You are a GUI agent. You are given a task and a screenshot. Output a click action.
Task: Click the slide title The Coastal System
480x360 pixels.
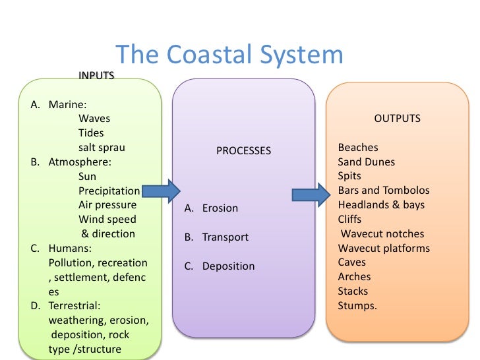(x=229, y=55)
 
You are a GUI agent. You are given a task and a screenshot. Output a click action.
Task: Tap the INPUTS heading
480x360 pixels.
(x=96, y=75)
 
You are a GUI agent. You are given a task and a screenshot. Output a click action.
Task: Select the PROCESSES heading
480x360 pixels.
(x=243, y=151)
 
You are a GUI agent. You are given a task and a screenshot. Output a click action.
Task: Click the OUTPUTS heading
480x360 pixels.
(x=397, y=119)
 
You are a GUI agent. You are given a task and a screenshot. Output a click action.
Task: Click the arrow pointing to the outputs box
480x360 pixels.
(x=311, y=195)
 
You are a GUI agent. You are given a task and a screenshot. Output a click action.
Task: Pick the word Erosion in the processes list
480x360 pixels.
(x=220, y=208)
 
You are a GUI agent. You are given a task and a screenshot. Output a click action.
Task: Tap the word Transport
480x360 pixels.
(x=225, y=237)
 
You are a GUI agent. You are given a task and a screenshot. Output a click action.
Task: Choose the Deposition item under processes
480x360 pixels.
(x=228, y=266)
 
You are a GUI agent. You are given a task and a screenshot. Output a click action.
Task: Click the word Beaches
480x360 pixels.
(x=358, y=148)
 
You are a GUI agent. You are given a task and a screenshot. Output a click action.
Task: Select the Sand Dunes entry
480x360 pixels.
(x=366, y=162)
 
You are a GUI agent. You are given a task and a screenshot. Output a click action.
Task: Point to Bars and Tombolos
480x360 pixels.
(x=383, y=191)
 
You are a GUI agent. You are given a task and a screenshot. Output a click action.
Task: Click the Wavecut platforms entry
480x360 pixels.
(x=384, y=249)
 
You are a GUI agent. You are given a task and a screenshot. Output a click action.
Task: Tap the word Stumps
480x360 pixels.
(x=357, y=306)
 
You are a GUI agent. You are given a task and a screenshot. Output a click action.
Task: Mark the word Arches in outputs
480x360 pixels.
(x=354, y=277)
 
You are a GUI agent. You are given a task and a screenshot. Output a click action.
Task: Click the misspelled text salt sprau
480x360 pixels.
(x=102, y=148)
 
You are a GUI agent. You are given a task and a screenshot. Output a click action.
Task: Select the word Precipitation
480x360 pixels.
(x=109, y=191)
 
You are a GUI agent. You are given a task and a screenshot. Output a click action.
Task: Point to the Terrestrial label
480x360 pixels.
(x=75, y=306)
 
